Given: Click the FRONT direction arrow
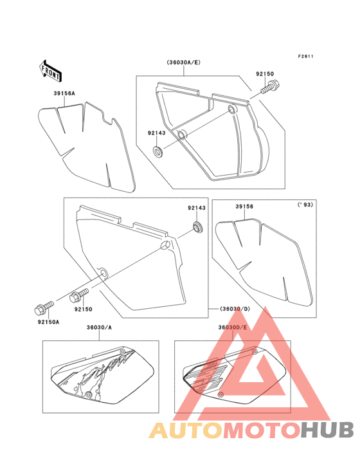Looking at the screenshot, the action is point(50,71).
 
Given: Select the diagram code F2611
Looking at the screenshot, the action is point(306,56).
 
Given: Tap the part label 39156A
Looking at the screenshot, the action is point(64,93).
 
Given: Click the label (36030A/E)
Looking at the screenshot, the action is point(184,62).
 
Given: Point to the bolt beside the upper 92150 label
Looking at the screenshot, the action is point(269,86).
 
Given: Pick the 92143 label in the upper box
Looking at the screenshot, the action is point(156,133).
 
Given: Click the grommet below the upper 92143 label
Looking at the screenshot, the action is point(158,151).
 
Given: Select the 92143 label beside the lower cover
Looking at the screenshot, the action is point(197,208).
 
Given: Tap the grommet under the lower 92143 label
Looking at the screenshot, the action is point(197,226).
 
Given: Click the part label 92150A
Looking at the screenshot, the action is point(49,322).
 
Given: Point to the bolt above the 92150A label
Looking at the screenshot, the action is point(44,308).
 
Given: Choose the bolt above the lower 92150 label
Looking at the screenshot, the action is point(79,295).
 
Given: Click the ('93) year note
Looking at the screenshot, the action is point(305,205).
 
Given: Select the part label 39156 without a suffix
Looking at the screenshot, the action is point(244,207).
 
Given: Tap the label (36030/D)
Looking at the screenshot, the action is point(235,309).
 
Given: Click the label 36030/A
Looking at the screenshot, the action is point(99,328).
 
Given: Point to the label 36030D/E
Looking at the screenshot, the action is point(233,328).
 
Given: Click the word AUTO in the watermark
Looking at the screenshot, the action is point(186,430).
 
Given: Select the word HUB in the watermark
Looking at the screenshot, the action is point(328,430).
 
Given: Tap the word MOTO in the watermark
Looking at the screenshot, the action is point(262,430).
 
